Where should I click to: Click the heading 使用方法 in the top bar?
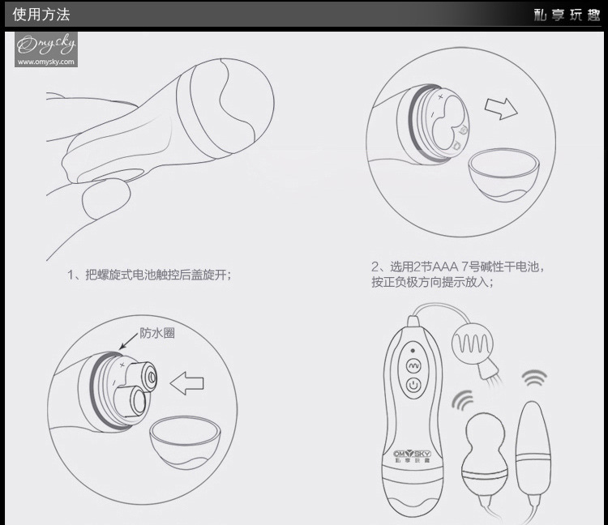point(41,15)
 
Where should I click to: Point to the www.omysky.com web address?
point(45,62)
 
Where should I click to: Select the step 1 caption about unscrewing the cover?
point(150,275)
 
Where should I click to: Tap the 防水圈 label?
point(157,332)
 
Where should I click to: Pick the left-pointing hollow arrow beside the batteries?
point(192,380)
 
